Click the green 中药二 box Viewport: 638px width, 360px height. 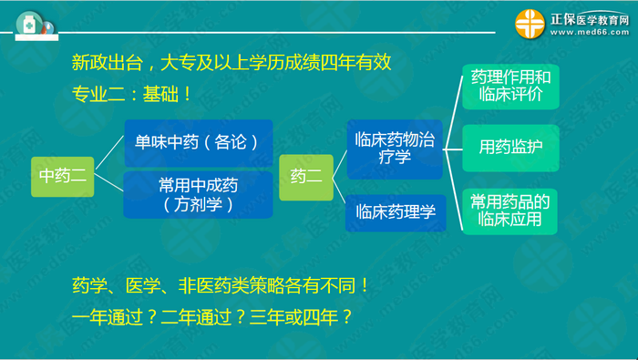[x=63, y=175]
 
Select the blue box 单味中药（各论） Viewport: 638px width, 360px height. [x=198, y=142]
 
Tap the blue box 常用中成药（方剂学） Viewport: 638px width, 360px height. [x=198, y=194]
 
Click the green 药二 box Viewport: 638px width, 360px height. [x=305, y=175]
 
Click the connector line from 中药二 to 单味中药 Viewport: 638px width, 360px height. [x=108, y=157]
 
